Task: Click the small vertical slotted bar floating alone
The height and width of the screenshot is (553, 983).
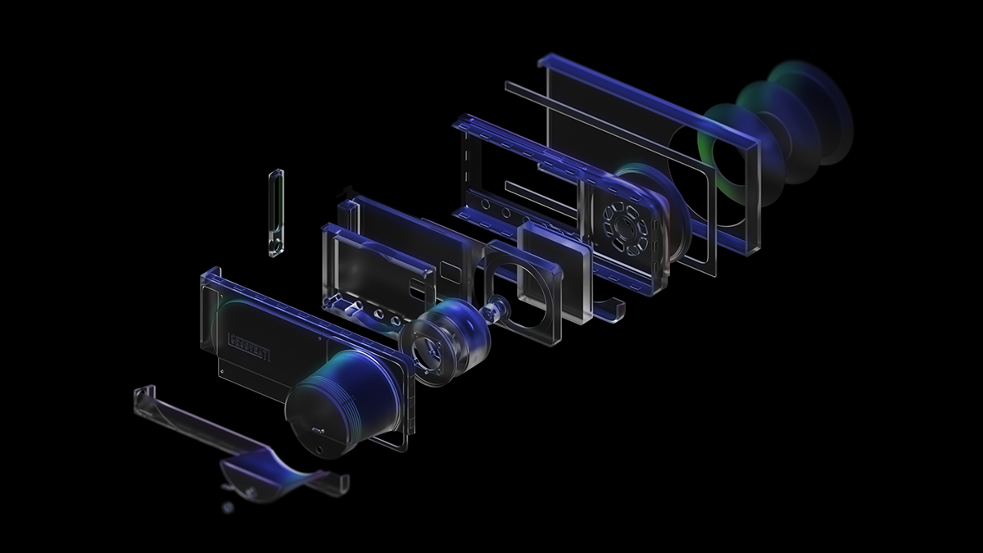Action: point(276,212)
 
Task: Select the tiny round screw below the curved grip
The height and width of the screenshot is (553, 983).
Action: point(228,508)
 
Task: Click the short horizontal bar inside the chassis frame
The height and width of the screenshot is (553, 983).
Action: point(532,196)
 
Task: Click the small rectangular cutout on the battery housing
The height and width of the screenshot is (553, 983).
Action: point(449,269)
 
